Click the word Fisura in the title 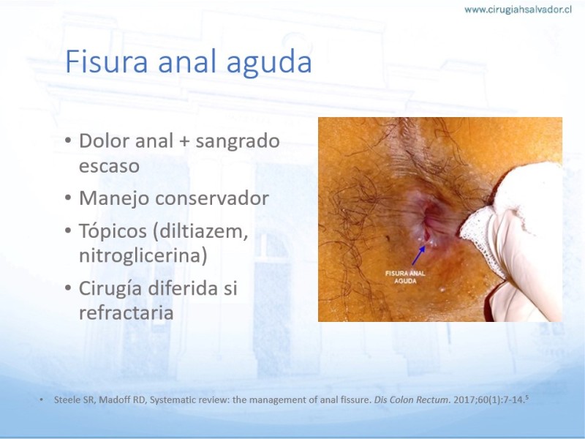106,61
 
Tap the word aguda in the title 269,64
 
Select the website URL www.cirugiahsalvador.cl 518,10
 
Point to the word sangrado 237,142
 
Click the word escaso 109,166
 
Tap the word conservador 212,198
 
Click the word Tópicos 113,232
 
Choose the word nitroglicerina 143,256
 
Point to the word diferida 183,288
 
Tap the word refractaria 126,313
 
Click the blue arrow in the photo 419,255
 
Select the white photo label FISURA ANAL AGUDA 405,277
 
